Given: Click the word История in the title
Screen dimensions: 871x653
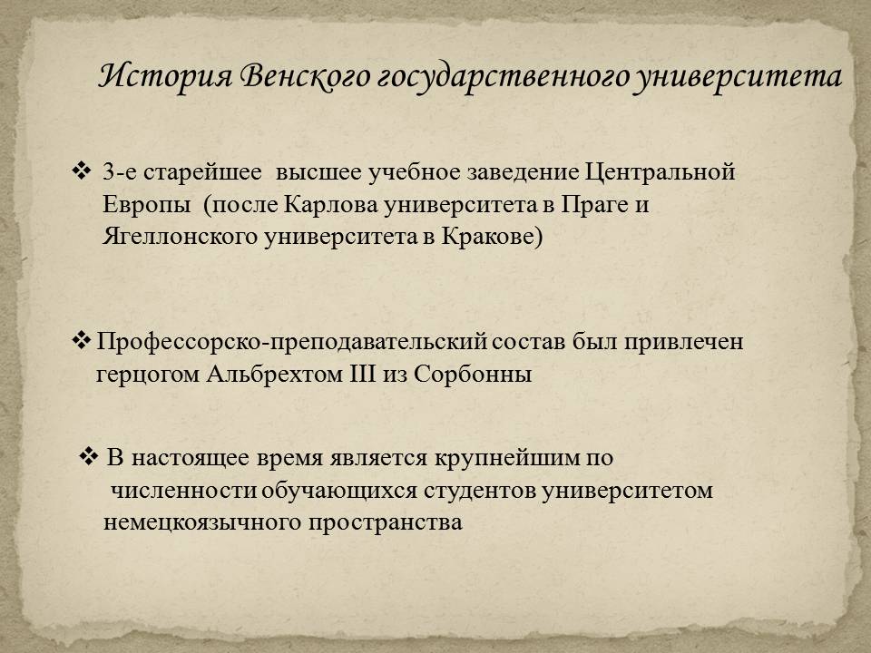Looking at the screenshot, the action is pyautogui.click(x=165, y=75).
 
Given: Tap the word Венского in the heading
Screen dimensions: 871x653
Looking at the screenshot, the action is pyautogui.click(x=305, y=76).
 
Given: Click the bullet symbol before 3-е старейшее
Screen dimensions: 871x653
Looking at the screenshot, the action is pyautogui.click(x=81, y=170).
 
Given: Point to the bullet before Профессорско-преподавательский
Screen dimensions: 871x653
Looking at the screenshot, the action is pyautogui.click(x=81, y=340).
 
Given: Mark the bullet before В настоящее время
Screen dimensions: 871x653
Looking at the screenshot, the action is pyautogui.click(x=88, y=456).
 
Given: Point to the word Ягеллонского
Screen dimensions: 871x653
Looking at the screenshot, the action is pyautogui.click(x=180, y=237).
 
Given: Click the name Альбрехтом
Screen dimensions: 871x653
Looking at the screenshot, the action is pyautogui.click(x=274, y=374).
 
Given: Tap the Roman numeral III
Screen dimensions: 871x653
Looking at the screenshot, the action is pyautogui.click(x=363, y=374).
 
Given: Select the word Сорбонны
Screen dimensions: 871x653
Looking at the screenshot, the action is pyautogui.click(x=473, y=375).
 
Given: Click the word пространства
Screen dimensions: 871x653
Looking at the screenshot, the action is pyautogui.click(x=385, y=523).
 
